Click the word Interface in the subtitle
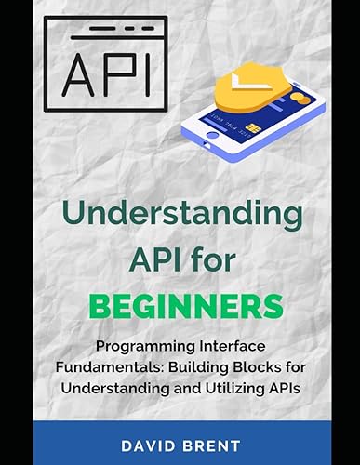click(234, 343)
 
